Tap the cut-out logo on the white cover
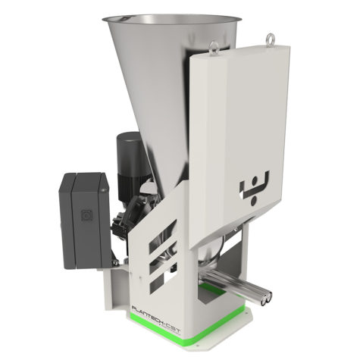pyautogui.click(x=252, y=187)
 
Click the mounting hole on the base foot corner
pyautogui.click(x=121, y=306)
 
